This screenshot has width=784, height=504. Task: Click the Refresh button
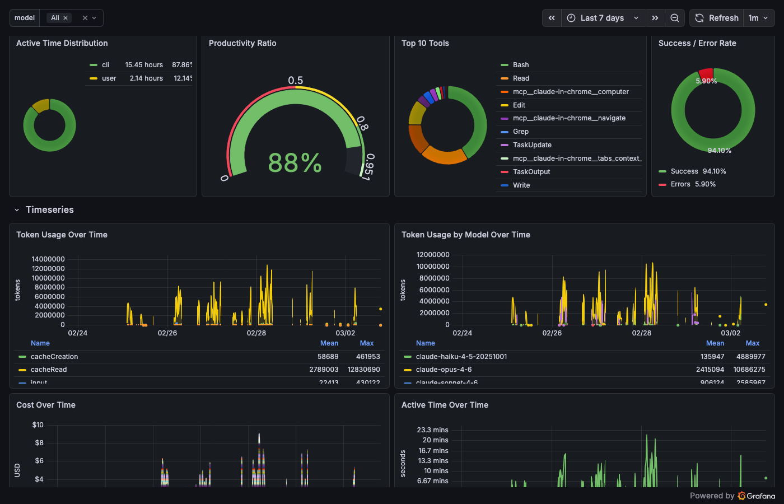[x=717, y=18]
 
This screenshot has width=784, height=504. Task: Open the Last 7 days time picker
[x=602, y=18]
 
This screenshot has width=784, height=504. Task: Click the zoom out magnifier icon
[x=675, y=18]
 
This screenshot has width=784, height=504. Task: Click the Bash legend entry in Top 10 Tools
[x=520, y=65]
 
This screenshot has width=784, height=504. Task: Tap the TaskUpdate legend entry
[x=532, y=145]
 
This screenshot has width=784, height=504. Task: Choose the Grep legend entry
[x=520, y=132]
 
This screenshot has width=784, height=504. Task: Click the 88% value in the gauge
[x=295, y=164]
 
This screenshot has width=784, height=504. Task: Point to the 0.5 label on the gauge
[x=295, y=81]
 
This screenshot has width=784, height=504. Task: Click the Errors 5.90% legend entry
[x=693, y=184]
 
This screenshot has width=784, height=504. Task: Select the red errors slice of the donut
[x=706, y=74]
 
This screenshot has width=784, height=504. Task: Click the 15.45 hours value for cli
[x=144, y=65]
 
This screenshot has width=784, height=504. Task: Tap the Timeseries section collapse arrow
[x=17, y=210]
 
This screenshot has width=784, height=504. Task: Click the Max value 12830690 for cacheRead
[x=363, y=370]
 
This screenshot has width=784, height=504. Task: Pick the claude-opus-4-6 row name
[x=444, y=370]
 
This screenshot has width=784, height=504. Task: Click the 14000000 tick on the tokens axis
[x=48, y=259]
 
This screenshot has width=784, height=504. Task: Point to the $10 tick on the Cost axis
[x=38, y=425]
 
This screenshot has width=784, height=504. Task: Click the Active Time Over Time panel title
[x=445, y=405]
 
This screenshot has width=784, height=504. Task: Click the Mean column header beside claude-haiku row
[x=715, y=343]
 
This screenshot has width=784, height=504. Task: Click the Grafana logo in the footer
[x=757, y=496]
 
